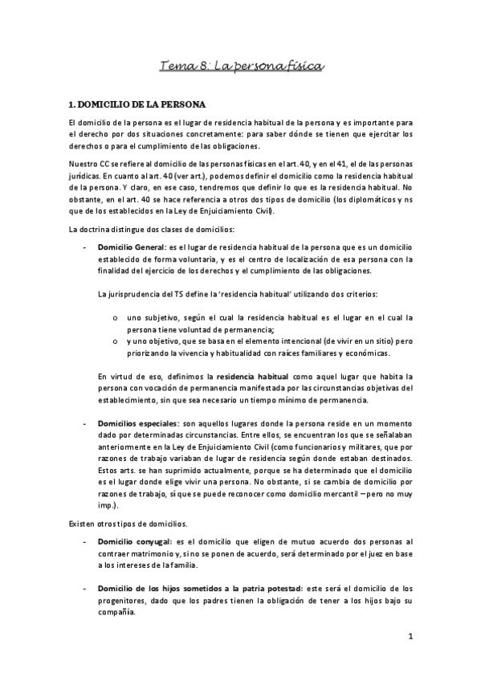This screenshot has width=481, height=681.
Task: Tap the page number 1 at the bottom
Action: [410, 638]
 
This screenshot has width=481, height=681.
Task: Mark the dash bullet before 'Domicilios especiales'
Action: [85, 422]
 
